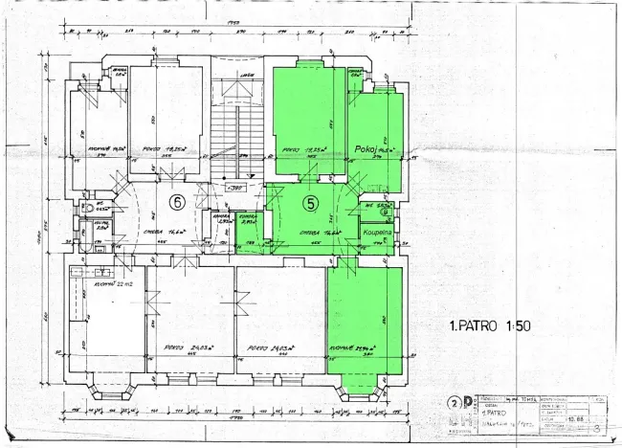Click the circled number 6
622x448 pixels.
click(x=176, y=202)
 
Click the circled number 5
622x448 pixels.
click(x=310, y=202)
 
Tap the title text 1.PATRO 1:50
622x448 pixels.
click(x=489, y=325)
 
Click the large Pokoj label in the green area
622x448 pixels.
click(x=365, y=148)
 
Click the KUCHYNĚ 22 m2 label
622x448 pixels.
click(x=113, y=284)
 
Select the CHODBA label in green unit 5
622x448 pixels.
click(x=313, y=233)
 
